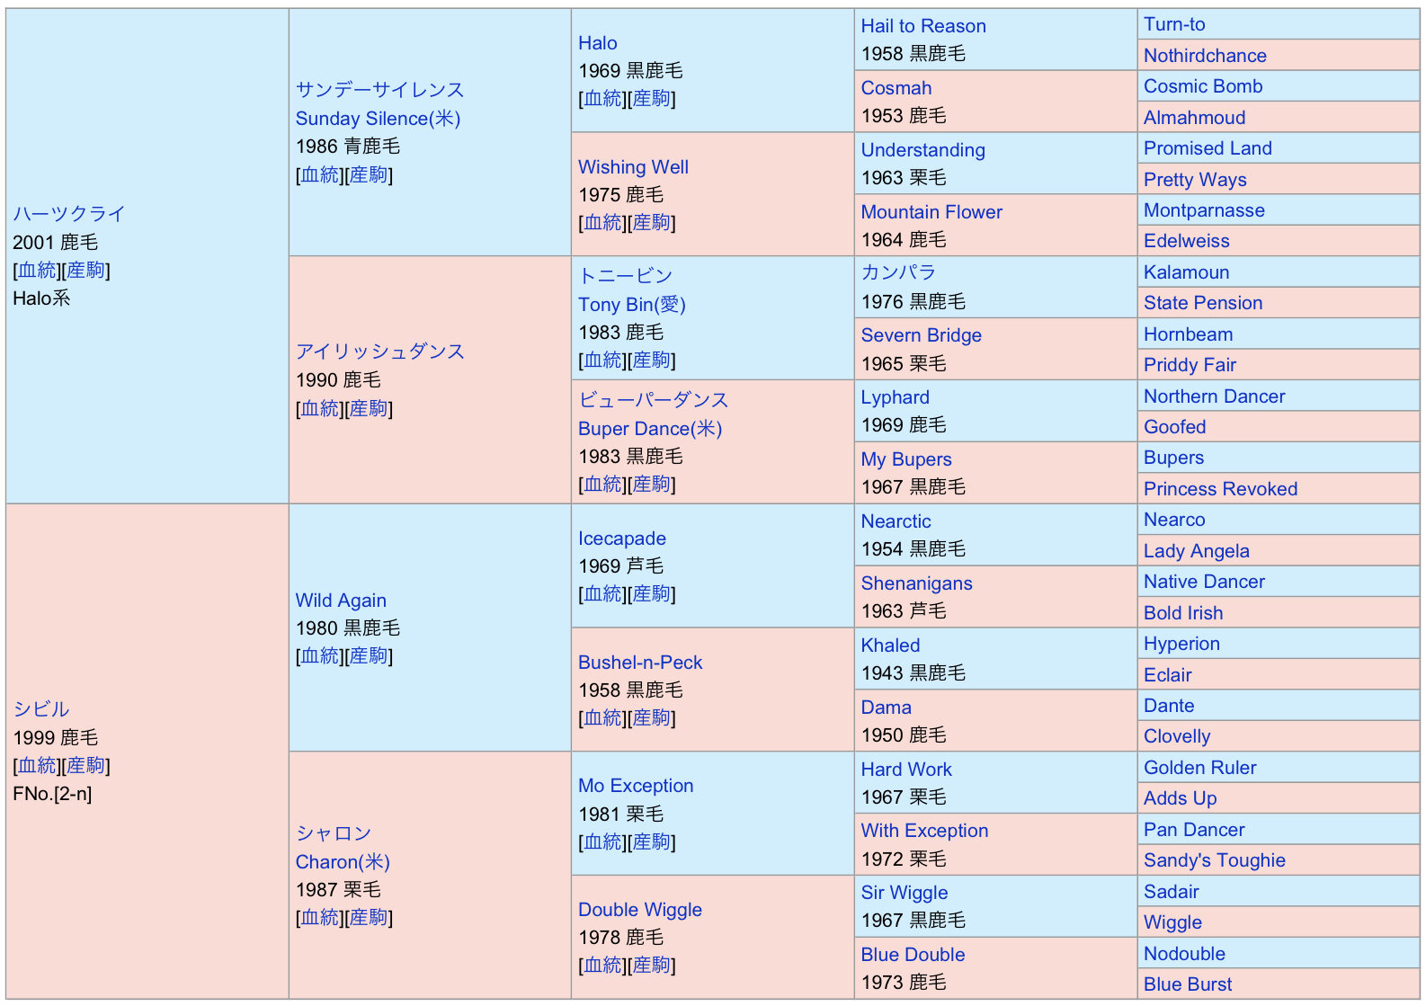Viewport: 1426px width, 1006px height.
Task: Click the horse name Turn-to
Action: (1174, 24)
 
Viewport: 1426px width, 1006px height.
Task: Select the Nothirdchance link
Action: (1205, 56)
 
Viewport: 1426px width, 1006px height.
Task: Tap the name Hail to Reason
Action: (923, 26)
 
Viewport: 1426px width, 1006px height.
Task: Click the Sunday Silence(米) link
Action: (378, 119)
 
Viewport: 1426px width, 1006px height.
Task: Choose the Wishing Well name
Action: (633, 167)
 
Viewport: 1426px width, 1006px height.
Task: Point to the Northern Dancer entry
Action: (1214, 396)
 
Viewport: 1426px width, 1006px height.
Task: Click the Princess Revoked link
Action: (1220, 489)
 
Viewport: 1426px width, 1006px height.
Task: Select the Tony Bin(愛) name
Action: (632, 305)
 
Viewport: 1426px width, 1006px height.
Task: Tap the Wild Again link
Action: (341, 601)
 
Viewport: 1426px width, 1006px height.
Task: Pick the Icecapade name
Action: (622, 539)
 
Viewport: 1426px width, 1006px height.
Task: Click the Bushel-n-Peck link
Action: (640, 663)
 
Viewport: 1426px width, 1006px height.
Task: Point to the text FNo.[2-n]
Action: (52, 794)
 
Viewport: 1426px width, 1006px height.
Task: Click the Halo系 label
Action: (41, 298)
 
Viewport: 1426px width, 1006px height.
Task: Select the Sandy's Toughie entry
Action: (1214, 860)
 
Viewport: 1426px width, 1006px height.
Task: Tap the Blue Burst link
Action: (1188, 984)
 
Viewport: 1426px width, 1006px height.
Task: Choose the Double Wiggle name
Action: (640, 910)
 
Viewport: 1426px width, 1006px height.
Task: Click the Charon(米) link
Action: (343, 862)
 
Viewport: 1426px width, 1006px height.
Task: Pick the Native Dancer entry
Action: (1204, 582)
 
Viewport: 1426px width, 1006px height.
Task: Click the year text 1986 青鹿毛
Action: (348, 147)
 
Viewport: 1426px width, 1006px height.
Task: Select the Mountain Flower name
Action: (931, 212)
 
